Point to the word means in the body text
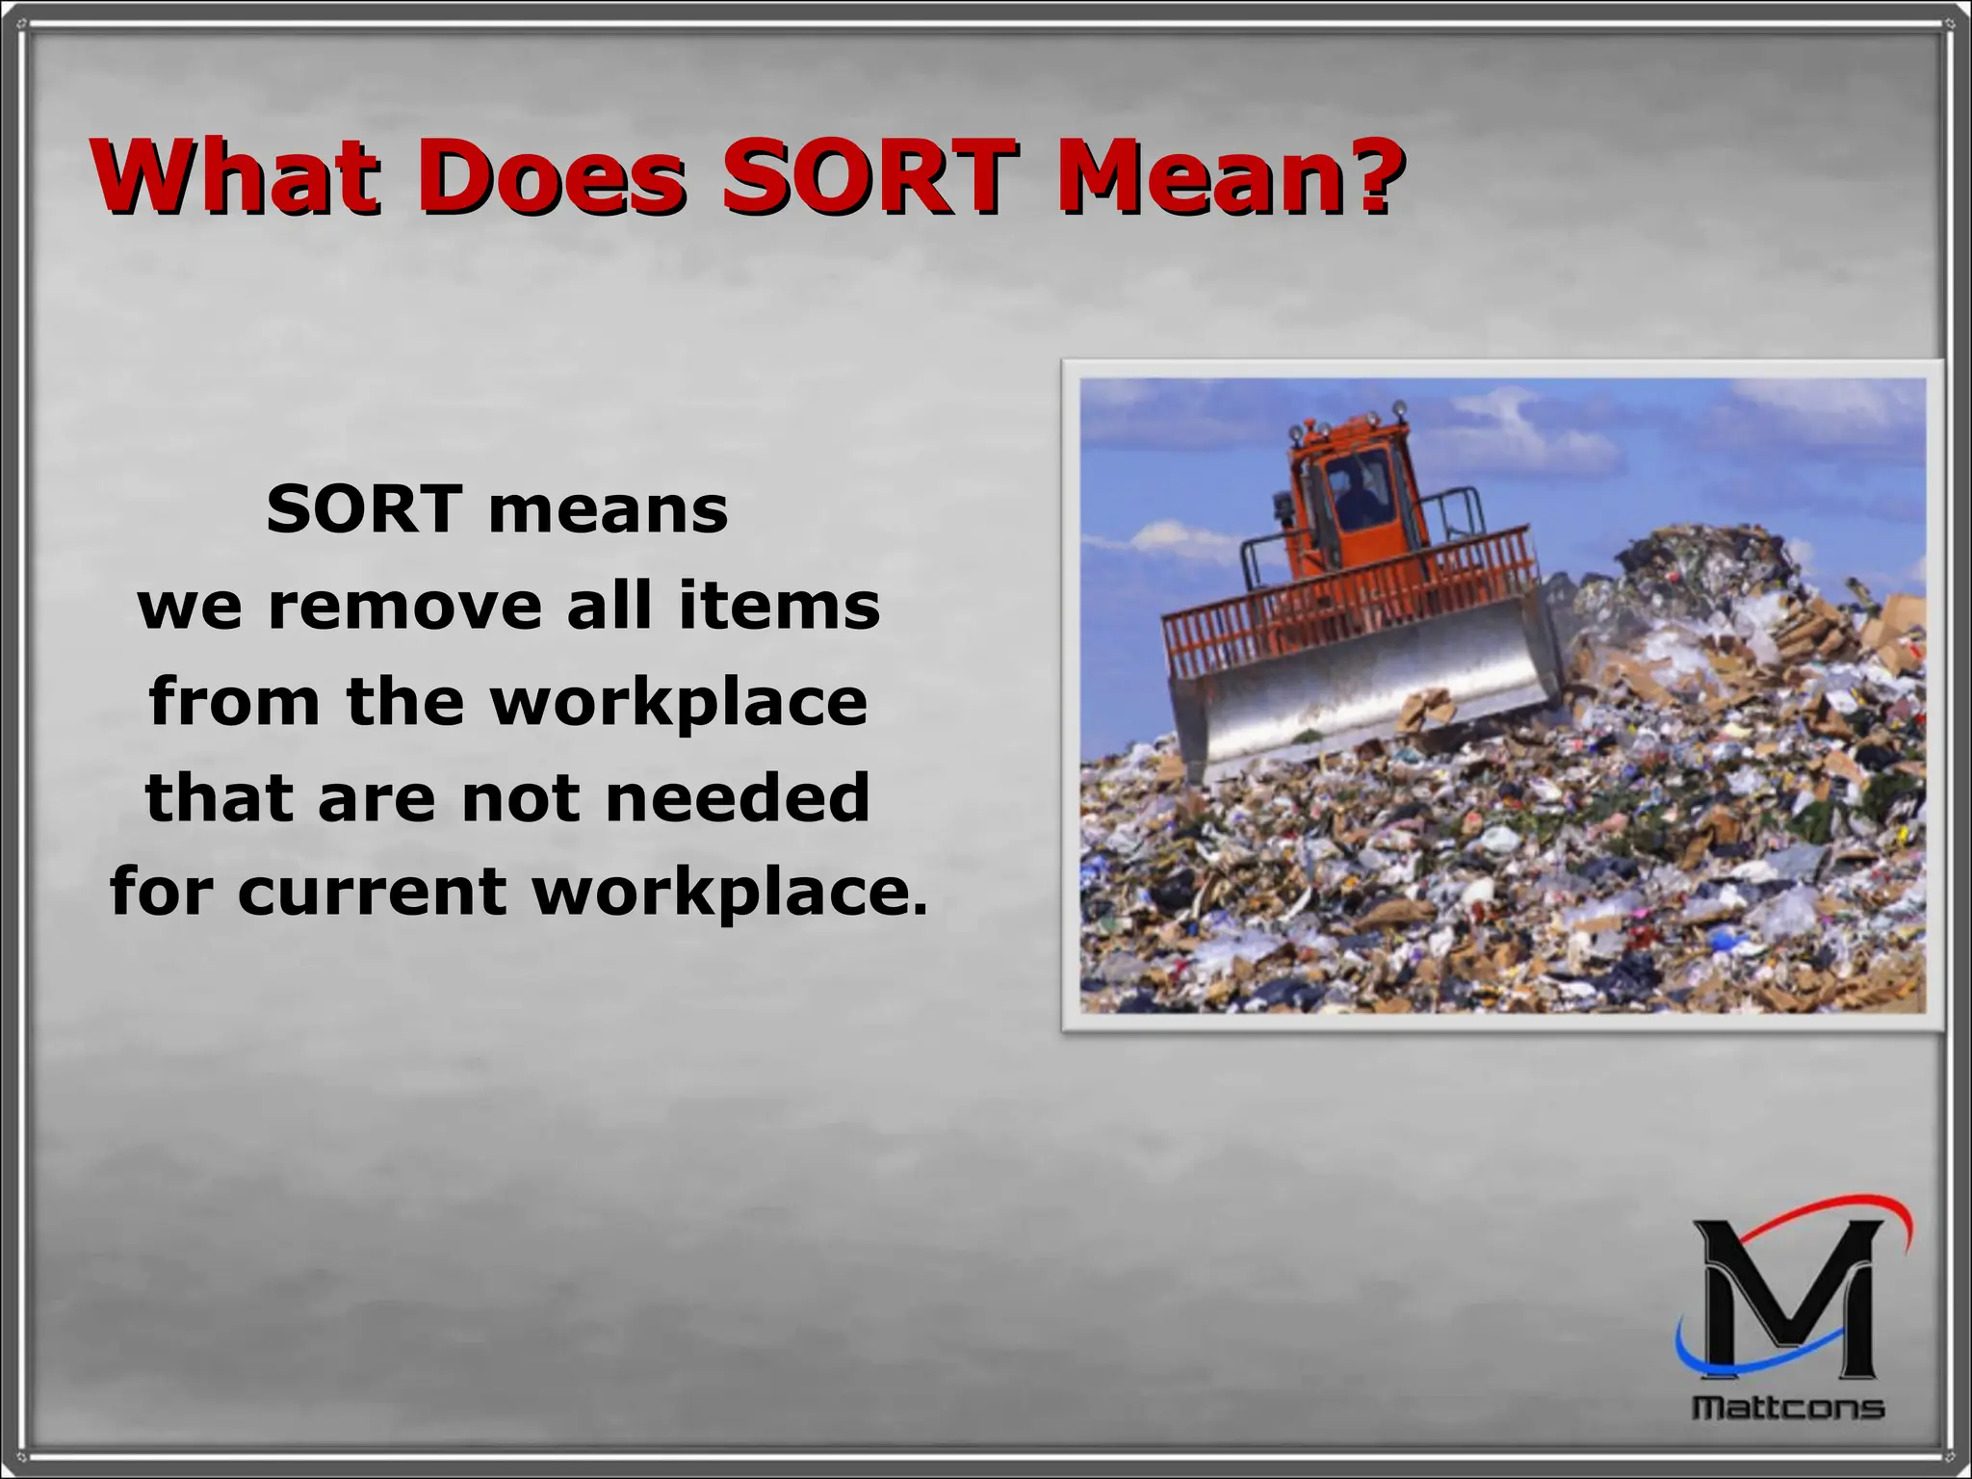[608, 511]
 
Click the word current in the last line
[373, 891]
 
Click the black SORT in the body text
[363, 509]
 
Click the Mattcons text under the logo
[1788, 1408]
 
